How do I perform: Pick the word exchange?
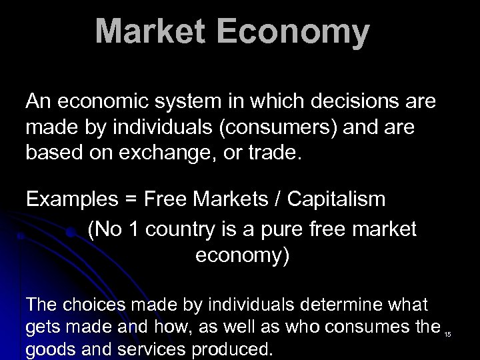coord(175,153)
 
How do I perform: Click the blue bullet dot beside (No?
coord(70,233)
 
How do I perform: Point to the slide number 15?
coord(447,334)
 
